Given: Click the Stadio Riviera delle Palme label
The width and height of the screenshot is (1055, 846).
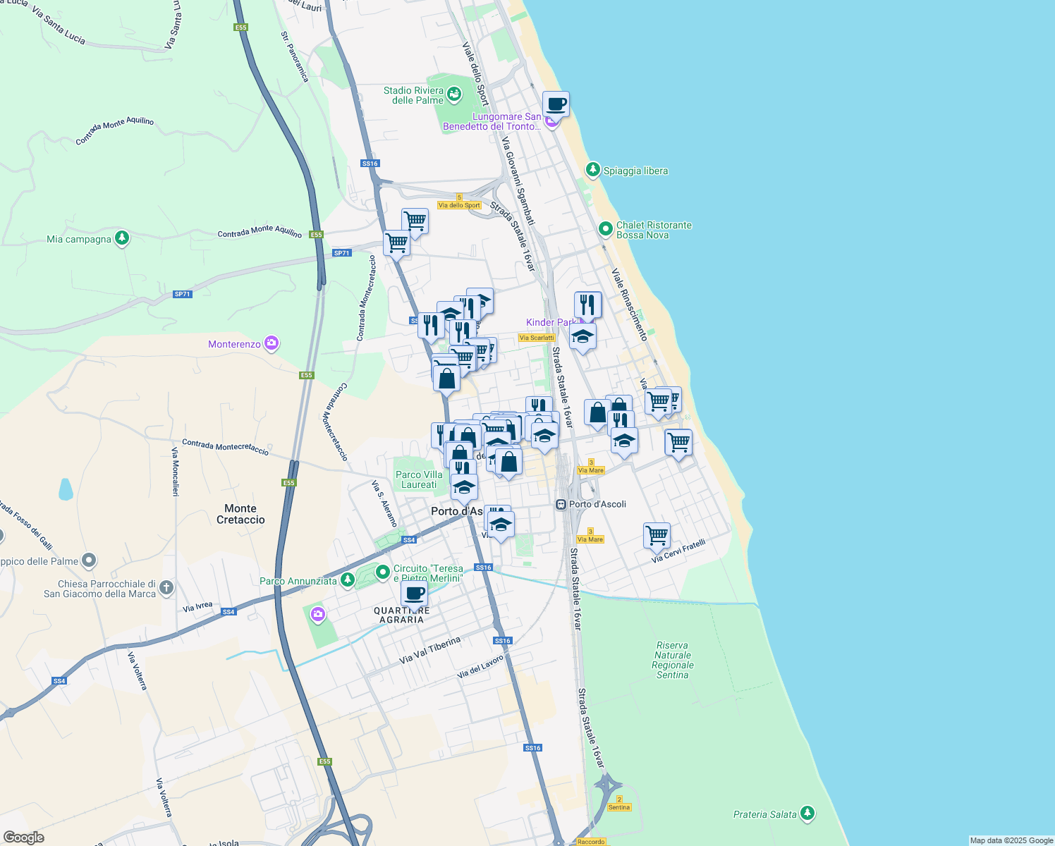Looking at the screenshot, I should [x=413, y=95].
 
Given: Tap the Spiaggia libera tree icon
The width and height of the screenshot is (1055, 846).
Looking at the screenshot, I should [x=593, y=170].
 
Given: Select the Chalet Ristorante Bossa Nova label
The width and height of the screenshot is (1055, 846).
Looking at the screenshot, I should [x=654, y=230].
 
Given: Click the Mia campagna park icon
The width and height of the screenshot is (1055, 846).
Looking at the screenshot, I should [x=122, y=238].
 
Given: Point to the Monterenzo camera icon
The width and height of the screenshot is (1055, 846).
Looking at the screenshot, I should [x=272, y=344].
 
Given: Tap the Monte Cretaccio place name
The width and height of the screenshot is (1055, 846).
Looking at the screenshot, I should [x=240, y=514].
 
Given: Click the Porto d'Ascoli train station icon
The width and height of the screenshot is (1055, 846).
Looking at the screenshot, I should [x=561, y=504].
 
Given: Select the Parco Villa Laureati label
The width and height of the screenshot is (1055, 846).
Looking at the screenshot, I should [x=419, y=479].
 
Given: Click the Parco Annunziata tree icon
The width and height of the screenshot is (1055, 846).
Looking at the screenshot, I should [x=347, y=580].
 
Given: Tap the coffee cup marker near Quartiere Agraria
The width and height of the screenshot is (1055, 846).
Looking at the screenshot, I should [x=415, y=594].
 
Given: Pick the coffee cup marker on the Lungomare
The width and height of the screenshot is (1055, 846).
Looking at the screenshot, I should [x=556, y=104].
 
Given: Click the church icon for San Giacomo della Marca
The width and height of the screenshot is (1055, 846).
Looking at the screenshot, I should [x=166, y=587].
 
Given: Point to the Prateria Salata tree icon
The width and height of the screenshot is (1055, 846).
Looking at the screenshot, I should [x=807, y=814].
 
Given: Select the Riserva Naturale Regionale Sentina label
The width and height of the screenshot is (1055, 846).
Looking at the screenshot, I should [x=672, y=660].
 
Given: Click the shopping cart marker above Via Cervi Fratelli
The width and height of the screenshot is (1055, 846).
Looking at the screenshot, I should [x=657, y=535].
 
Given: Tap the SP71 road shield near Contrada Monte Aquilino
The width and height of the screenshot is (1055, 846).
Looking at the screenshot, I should [x=341, y=252].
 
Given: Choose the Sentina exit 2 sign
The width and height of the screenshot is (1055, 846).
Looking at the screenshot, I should [x=619, y=804].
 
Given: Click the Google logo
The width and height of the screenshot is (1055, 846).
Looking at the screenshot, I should [x=23, y=837].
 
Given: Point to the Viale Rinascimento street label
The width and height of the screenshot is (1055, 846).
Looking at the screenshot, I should [x=629, y=305].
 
